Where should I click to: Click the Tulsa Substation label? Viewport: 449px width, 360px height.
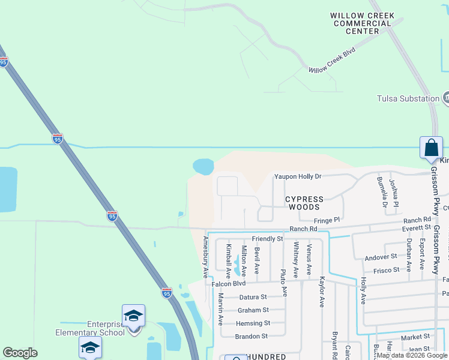408,98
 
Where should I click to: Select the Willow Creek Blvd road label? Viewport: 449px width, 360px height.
332,61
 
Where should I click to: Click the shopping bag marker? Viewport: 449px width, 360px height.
431,148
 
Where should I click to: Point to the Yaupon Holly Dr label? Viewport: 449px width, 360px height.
298,176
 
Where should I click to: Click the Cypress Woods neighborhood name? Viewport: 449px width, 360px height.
304,203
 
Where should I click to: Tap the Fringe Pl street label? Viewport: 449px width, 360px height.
327,220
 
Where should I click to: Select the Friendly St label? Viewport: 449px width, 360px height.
267,239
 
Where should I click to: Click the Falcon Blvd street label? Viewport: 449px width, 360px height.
229,284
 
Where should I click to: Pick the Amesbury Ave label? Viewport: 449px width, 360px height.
205,257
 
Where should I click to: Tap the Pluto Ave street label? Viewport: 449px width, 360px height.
284,282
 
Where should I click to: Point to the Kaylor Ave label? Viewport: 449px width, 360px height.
322,292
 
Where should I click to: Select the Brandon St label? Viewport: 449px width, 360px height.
251,337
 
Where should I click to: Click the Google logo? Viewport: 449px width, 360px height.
20,353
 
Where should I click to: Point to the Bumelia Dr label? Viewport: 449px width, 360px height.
381,191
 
